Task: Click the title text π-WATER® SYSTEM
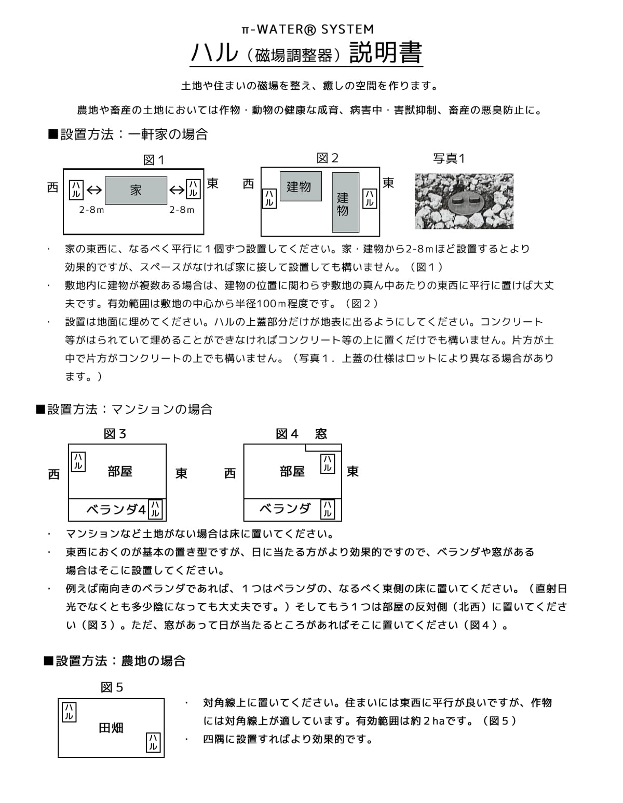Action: [x=307, y=30]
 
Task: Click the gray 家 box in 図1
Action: [x=136, y=190]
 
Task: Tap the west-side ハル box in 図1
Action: [x=76, y=190]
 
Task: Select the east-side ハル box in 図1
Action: [x=193, y=189]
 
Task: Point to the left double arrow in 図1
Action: [x=94, y=190]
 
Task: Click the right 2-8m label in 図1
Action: [x=182, y=210]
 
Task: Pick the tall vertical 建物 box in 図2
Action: [x=345, y=202]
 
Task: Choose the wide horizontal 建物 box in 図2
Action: [x=300, y=186]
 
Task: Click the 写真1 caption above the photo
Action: [x=449, y=158]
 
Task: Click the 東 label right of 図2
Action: [x=388, y=183]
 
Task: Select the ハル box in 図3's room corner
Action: [x=78, y=461]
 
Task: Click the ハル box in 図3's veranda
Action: [x=155, y=509]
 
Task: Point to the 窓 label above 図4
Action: [x=321, y=434]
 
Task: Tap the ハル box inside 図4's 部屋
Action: [x=328, y=463]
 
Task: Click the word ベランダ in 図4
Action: [x=285, y=509]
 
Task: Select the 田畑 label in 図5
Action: [x=111, y=728]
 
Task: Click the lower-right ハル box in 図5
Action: [x=153, y=742]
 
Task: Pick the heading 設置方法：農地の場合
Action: [x=115, y=661]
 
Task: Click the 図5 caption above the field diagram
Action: [x=112, y=688]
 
